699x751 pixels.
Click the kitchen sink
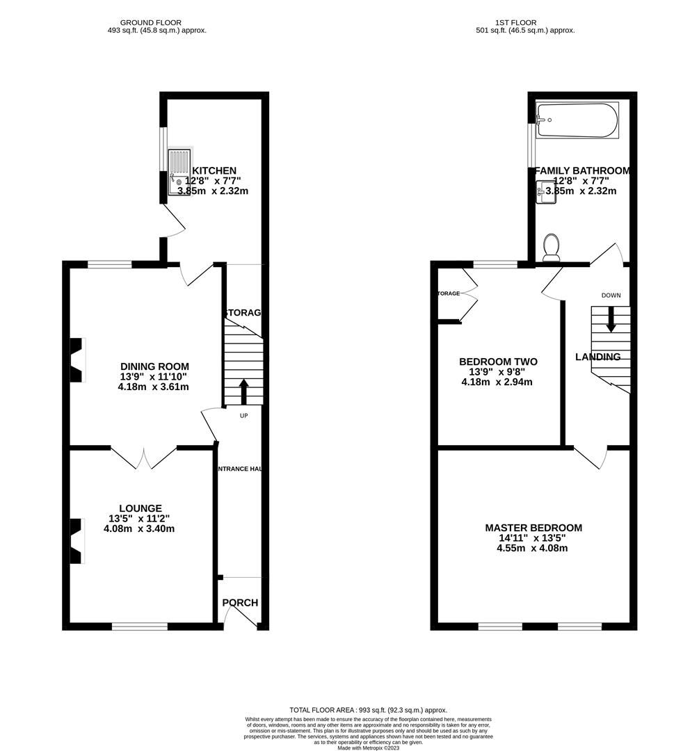coord(179,171)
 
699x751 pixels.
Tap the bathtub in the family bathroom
coord(577,120)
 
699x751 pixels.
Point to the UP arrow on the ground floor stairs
coord(243,391)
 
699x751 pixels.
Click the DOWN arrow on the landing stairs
coord(611,320)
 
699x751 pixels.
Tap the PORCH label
coord(241,602)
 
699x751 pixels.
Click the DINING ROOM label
coord(154,366)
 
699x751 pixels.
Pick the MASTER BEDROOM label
coord(533,528)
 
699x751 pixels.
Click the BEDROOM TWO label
coord(498,362)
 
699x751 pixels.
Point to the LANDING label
coord(597,357)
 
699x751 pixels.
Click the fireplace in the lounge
coord(76,540)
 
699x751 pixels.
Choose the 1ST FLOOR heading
coord(517,22)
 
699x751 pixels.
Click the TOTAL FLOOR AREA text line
coord(369,709)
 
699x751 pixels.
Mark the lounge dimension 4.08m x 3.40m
coord(139,528)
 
